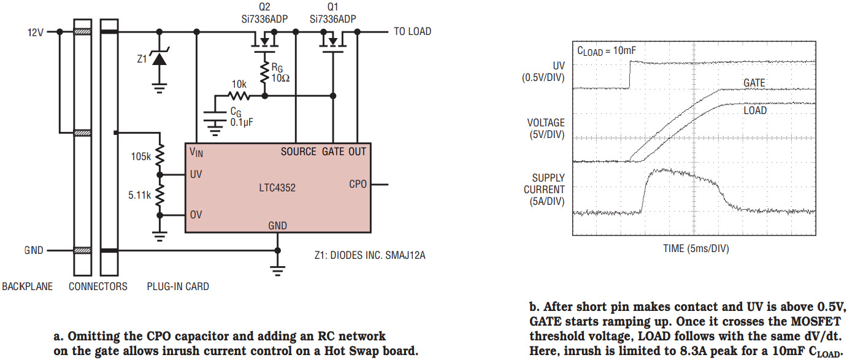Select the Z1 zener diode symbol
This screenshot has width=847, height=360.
click(160, 59)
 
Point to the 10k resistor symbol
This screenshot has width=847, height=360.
click(239, 96)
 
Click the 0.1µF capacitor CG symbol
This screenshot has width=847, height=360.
click(215, 117)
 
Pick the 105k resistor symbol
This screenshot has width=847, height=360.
click(160, 157)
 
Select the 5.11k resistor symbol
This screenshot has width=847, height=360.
click(160, 196)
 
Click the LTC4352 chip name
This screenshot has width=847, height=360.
click(278, 188)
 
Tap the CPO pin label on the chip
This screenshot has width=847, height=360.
click(358, 184)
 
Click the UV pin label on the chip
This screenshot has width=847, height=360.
click(196, 175)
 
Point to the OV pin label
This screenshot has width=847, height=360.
click(196, 215)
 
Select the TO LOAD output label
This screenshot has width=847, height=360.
click(412, 31)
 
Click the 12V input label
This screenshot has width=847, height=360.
click(36, 32)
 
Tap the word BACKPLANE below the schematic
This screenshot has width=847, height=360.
click(28, 286)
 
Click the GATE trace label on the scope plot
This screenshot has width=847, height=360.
click(754, 83)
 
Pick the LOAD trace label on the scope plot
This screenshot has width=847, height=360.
click(755, 111)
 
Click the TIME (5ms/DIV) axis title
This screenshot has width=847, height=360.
click(696, 248)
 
